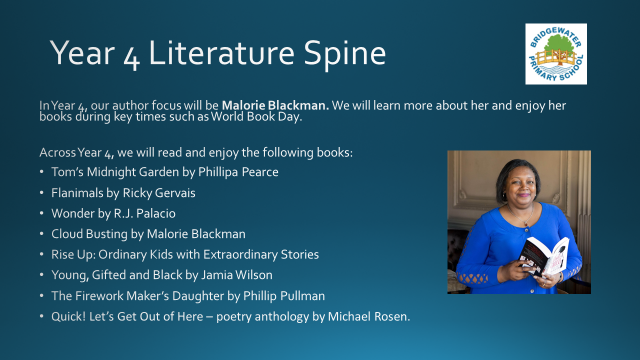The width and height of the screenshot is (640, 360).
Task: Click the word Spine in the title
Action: coord(345,53)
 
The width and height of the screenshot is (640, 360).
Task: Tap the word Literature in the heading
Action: coord(221,53)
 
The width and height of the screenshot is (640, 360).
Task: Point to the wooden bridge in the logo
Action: coord(556,57)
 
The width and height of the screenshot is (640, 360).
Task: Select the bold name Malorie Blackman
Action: coord(275,105)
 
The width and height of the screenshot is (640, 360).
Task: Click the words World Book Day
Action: coord(256,116)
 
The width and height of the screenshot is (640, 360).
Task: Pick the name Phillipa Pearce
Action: coord(238,172)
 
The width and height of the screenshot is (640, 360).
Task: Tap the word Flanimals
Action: coord(77,193)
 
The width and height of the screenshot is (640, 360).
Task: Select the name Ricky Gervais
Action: coord(159,193)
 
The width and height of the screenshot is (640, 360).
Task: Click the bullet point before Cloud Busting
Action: coord(41,233)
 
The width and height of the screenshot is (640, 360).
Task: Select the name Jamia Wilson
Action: coord(236,275)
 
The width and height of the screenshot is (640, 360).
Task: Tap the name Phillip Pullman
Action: coord(284,296)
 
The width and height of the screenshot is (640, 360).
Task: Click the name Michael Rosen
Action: coord(369,316)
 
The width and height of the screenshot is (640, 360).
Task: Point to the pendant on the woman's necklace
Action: coord(525,224)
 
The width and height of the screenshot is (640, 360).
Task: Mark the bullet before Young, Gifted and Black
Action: coord(41,275)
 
